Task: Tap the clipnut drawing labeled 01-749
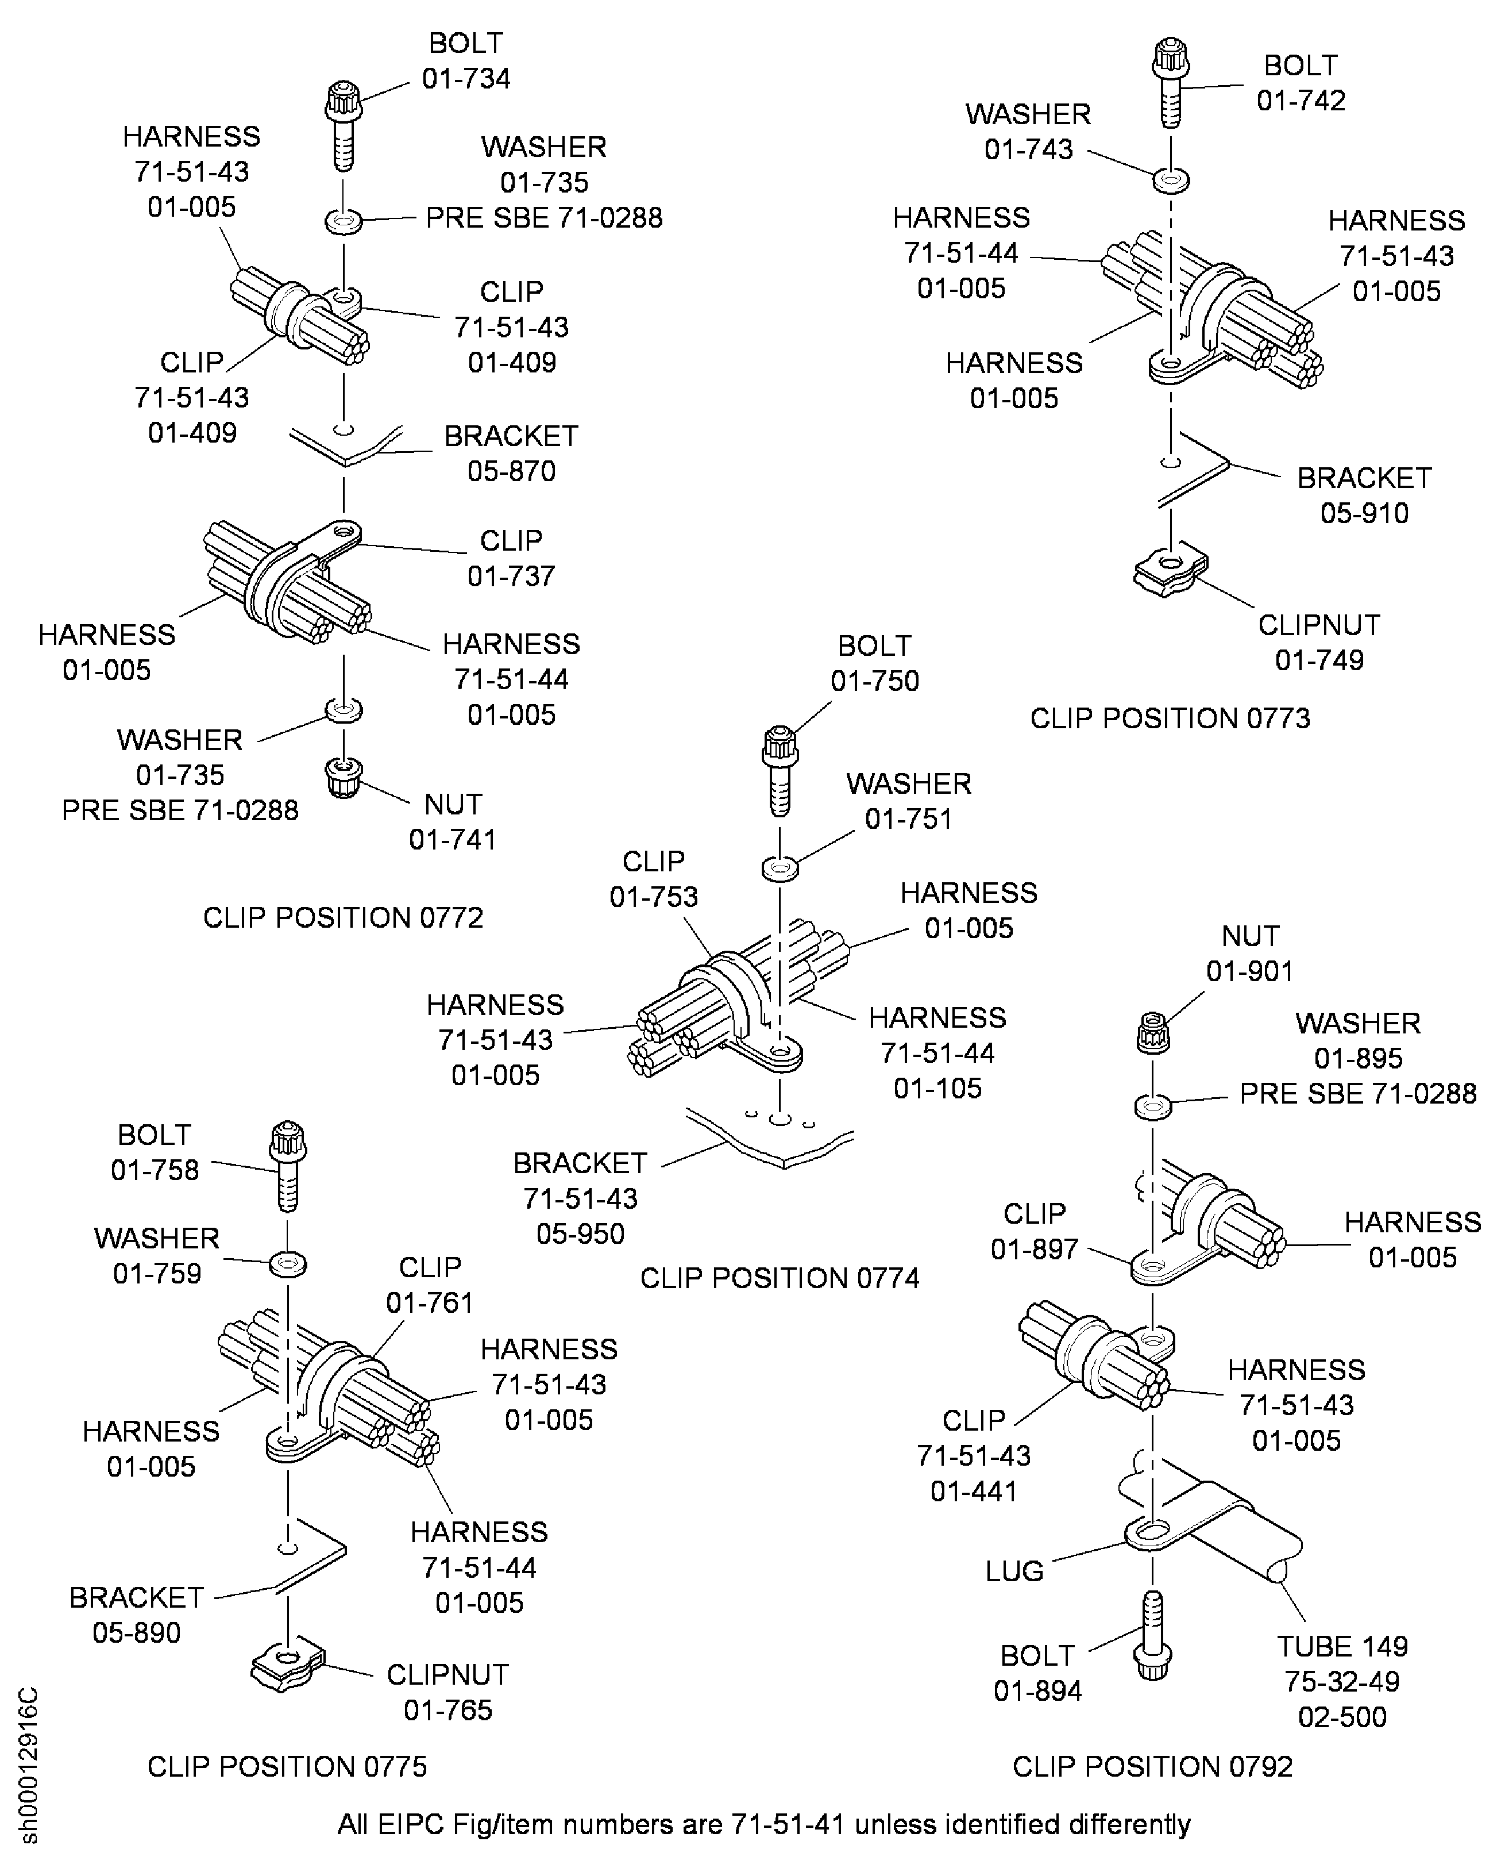point(1170,571)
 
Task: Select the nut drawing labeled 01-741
point(344,777)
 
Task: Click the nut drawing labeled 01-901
point(1152,1033)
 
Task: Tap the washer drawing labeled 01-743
point(1171,180)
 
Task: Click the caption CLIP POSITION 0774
point(779,1278)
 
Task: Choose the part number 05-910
point(1364,513)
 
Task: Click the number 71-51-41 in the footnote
point(786,1824)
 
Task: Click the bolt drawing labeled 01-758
point(288,1165)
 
